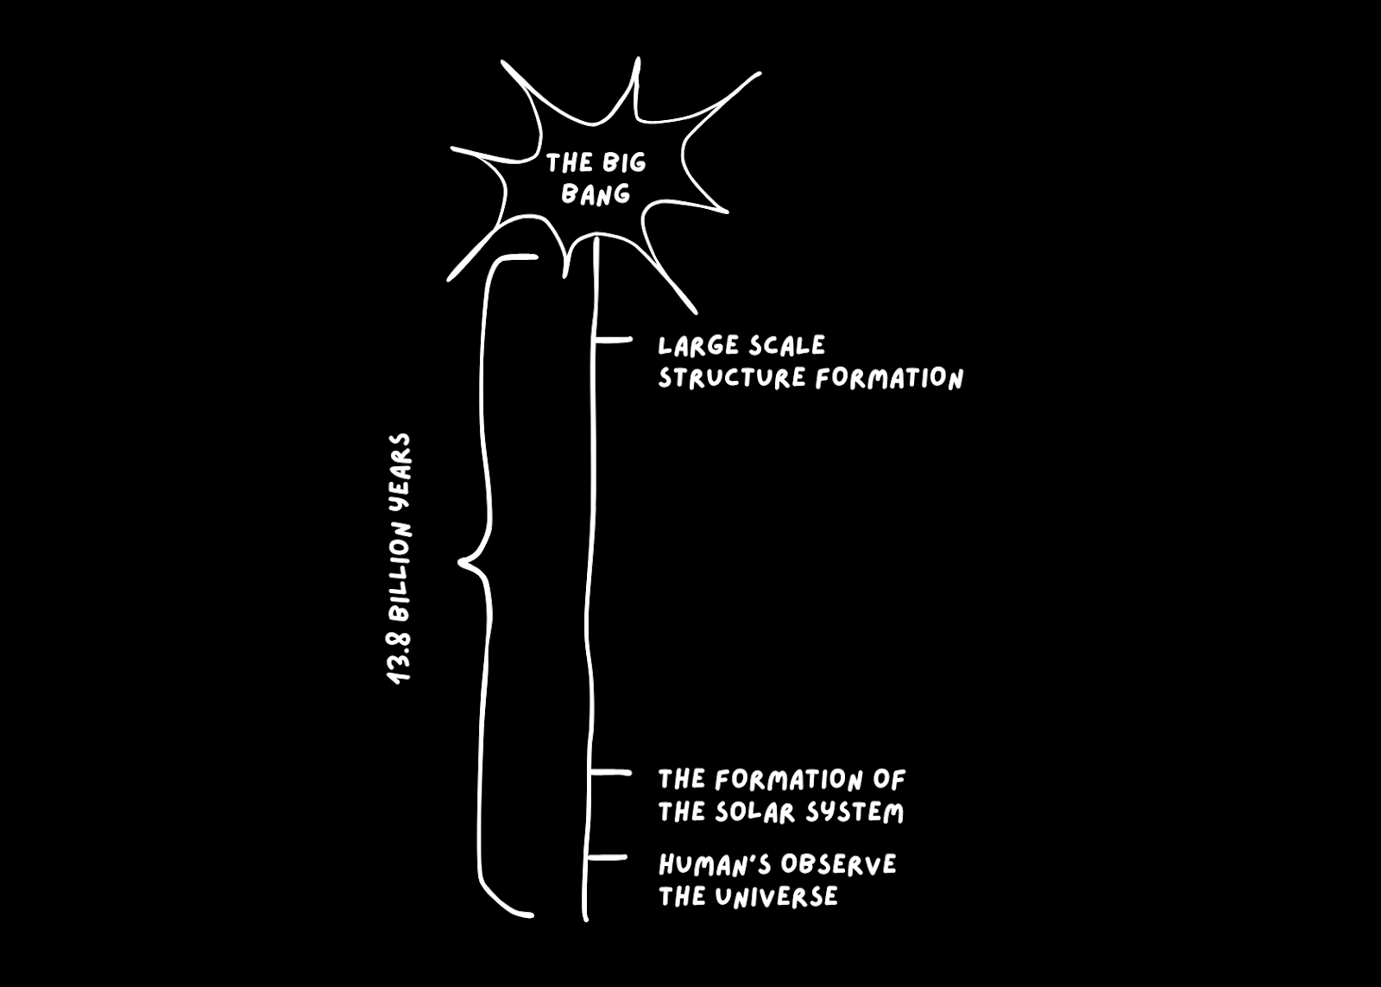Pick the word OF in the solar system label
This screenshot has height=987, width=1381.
tap(889, 780)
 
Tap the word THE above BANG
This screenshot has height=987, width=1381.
tap(569, 162)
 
